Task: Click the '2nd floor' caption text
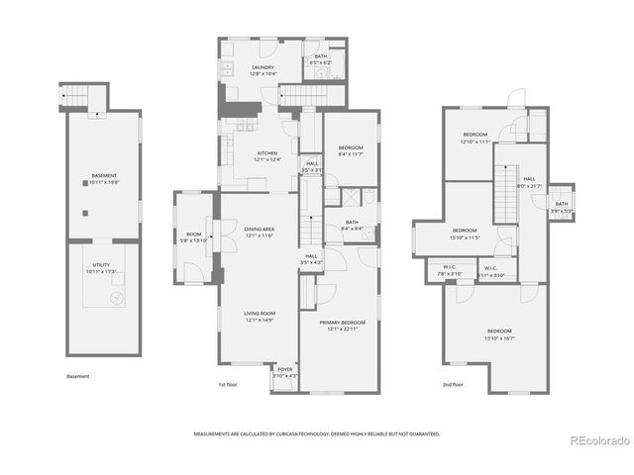pyautogui.click(x=451, y=384)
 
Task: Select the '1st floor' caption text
pyautogui.click(x=228, y=384)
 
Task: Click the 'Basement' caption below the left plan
pyautogui.click(x=78, y=376)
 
